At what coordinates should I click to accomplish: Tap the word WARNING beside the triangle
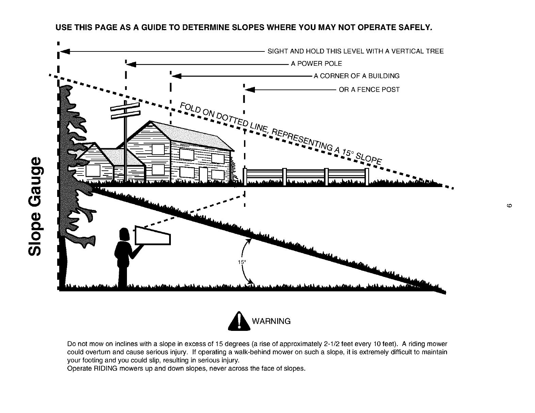click(x=271, y=321)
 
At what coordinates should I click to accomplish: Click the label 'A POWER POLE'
click(x=316, y=64)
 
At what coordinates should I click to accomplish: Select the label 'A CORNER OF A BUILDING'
click(x=356, y=76)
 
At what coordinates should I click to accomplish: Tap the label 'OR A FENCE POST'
click(x=369, y=90)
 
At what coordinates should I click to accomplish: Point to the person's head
click(x=124, y=235)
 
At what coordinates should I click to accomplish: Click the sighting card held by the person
click(x=152, y=235)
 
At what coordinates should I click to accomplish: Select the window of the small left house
click(x=93, y=170)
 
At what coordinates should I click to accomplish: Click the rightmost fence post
click(x=367, y=177)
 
